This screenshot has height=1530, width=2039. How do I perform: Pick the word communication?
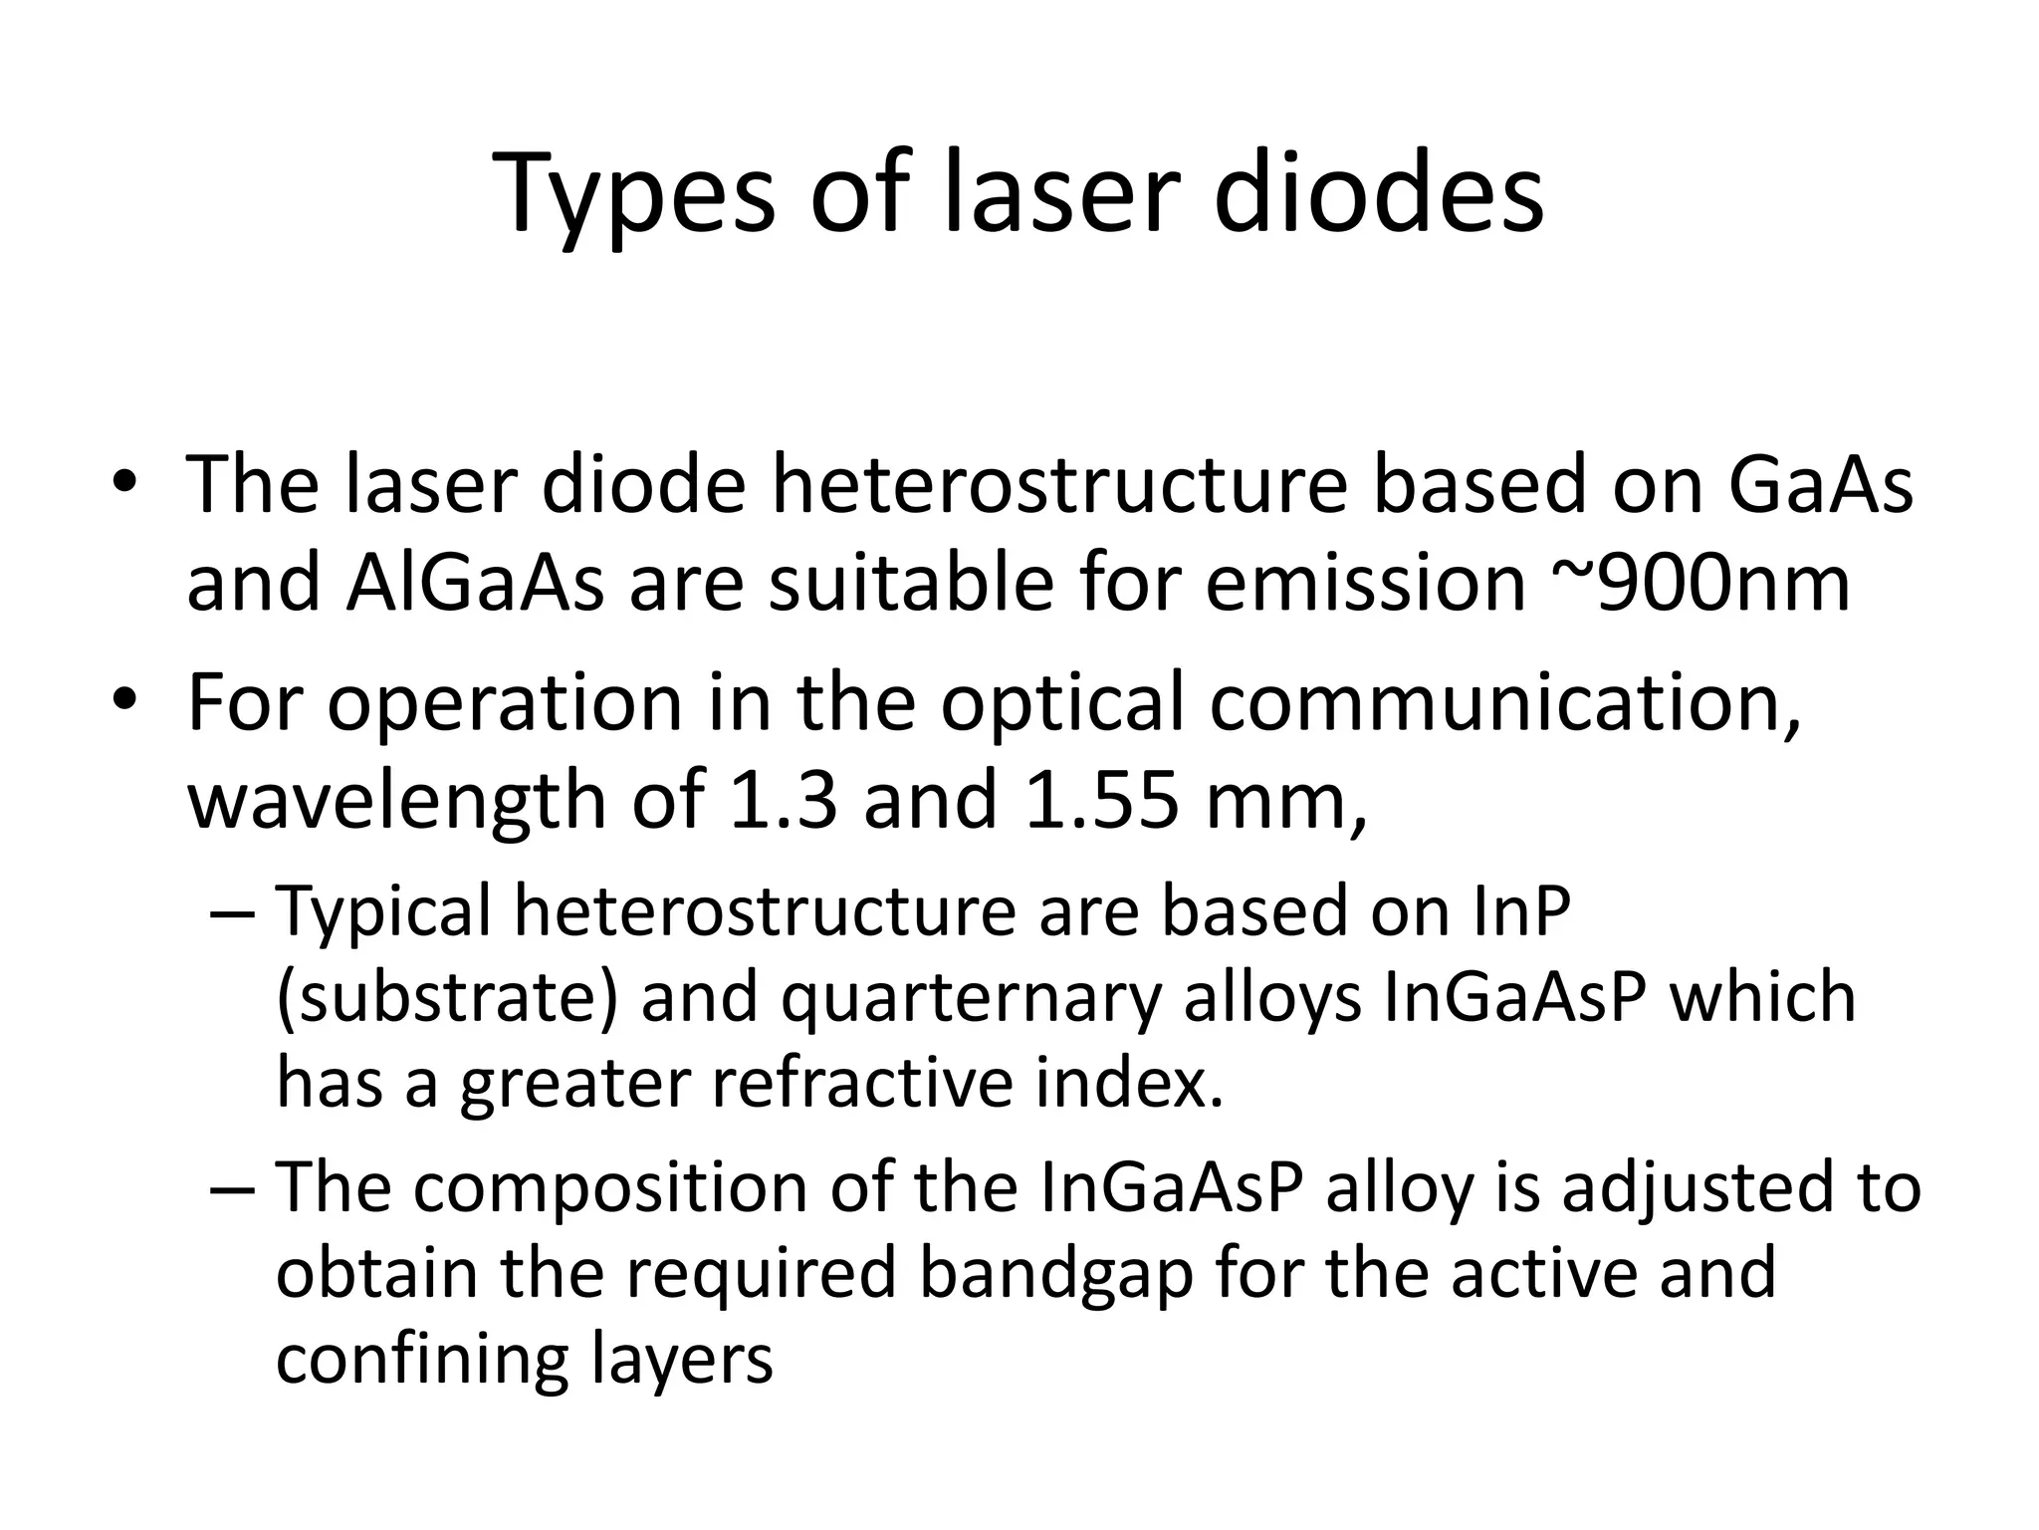pos(1505,703)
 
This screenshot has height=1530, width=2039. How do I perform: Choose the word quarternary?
pos(971,1000)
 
